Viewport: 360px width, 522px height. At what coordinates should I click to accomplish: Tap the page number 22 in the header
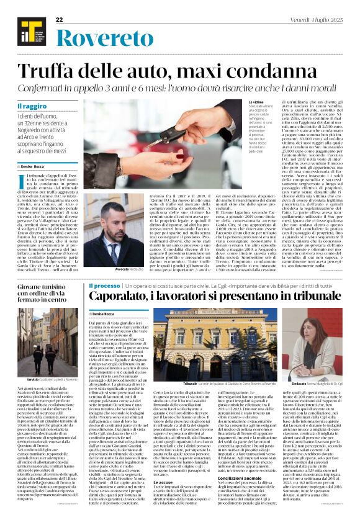coord(60,20)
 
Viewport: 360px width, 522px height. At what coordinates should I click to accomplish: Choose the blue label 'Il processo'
coord(104,286)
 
